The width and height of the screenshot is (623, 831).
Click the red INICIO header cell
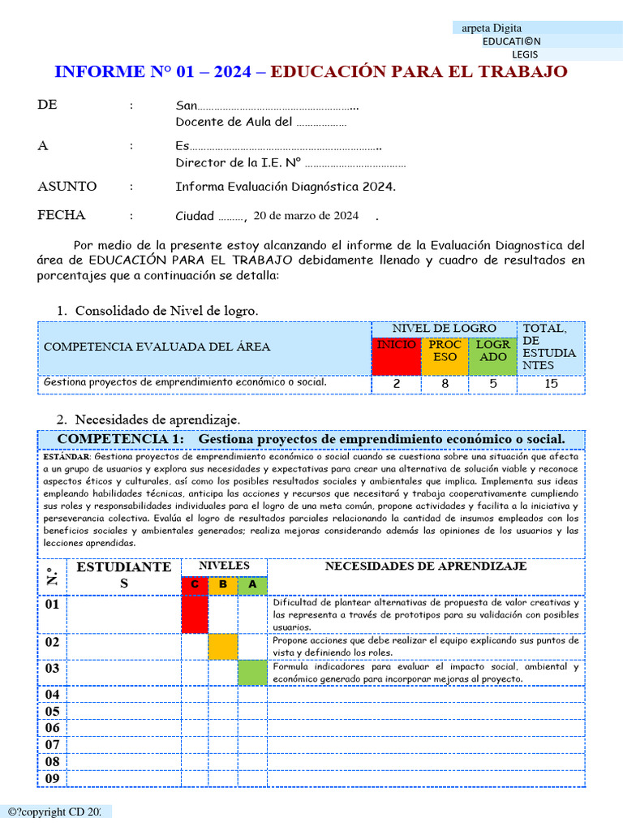pyautogui.click(x=396, y=355)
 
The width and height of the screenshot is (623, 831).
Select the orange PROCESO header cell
pyautogui.click(x=445, y=355)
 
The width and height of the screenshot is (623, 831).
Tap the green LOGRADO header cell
pyautogui.click(x=492, y=355)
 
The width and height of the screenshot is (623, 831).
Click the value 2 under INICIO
pyautogui.click(x=396, y=384)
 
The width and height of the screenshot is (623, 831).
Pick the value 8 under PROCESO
pyautogui.click(x=445, y=384)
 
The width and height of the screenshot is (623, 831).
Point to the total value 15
pyautogui.click(x=552, y=384)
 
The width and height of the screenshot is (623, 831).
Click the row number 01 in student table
pyautogui.click(x=52, y=605)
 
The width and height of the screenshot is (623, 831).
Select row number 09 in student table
pyautogui.click(x=52, y=778)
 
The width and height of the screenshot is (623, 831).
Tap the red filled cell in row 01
pyautogui.click(x=195, y=614)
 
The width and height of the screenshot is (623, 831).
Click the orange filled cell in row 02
pyautogui.click(x=223, y=647)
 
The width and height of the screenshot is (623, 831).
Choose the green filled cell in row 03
pyautogui.click(x=252, y=673)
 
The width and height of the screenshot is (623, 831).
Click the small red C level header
pyautogui.click(x=195, y=585)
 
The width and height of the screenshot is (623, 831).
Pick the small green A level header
pyautogui.click(x=252, y=585)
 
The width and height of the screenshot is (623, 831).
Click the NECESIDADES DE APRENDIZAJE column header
pyautogui.click(x=426, y=566)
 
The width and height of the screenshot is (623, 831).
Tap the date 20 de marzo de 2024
pyautogui.click(x=306, y=216)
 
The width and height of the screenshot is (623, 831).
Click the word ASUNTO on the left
pyautogui.click(x=67, y=187)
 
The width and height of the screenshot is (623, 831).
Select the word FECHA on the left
pyautogui.click(x=61, y=216)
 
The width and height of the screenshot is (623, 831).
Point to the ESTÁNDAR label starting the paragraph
pyautogui.click(x=67, y=457)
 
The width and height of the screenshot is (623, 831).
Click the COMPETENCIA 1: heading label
pyautogui.click(x=121, y=439)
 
